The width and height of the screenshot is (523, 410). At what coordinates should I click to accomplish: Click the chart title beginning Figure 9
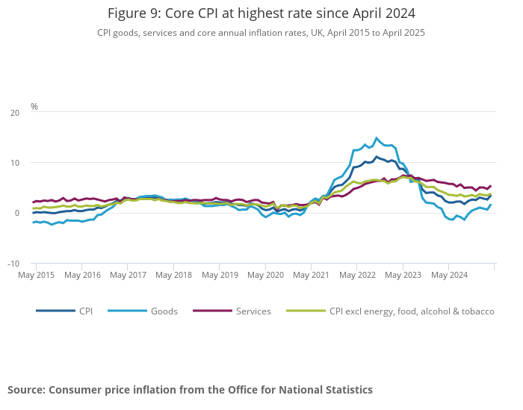[261, 13]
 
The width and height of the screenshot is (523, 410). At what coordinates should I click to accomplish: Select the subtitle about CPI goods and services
[261, 33]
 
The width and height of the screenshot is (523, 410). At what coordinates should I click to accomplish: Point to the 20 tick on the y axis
[15, 113]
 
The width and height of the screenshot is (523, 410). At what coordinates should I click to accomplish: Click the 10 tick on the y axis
[15, 163]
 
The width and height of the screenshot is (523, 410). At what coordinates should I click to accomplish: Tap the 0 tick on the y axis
[17, 213]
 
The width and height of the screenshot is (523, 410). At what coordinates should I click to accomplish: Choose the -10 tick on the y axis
[13, 264]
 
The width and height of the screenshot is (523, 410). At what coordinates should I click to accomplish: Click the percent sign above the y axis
[34, 107]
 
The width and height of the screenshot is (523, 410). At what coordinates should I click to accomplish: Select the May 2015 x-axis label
[36, 275]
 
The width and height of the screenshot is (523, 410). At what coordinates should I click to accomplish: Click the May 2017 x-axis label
[128, 275]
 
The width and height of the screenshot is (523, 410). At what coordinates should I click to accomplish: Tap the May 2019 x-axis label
[220, 275]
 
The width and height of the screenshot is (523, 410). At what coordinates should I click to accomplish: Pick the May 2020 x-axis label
[265, 275]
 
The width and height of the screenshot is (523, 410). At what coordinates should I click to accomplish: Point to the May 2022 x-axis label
[357, 275]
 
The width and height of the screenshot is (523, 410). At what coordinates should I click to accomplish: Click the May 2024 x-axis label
[449, 275]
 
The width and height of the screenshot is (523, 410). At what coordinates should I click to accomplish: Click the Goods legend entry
[164, 311]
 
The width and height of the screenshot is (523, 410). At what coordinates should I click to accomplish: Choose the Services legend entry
[253, 311]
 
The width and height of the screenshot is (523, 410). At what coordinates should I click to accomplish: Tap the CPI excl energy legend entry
[412, 311]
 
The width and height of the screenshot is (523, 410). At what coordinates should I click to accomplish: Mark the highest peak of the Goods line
[377, 137]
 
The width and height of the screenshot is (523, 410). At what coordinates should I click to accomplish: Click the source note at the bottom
[190, 390]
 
